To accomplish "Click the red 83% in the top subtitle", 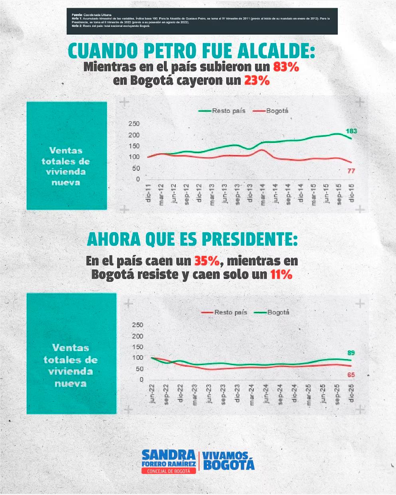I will tap(286, 67).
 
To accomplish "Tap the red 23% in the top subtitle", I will tap(257, 80).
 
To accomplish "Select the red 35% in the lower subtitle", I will tap(207, 261).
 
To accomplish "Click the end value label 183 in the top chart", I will tap(351, 131).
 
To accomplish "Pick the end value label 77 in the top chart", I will tap(351, 171).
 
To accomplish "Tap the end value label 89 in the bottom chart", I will tap(351, 353).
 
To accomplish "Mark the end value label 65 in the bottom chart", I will tap(351, 375).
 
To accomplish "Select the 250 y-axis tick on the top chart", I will tap(134, 124).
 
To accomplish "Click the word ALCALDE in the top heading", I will tap(274, 51).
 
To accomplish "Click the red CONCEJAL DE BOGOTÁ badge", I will tap(169, 471).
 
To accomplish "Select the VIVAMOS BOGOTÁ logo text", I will tap(228, 460).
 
